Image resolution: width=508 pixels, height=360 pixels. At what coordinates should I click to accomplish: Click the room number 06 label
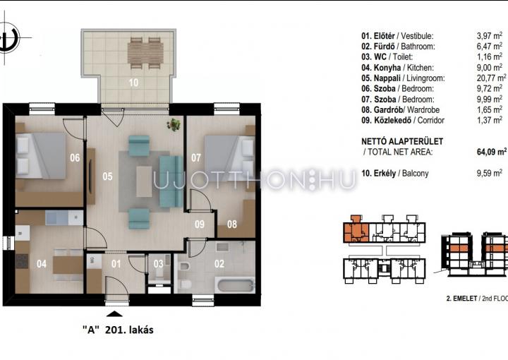pyautogui.click(x=75, y=158)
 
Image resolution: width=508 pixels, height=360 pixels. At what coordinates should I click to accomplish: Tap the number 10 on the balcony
pyautogui.click(x=133, y=83)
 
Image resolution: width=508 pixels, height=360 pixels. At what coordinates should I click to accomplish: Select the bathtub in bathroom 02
pyautogui.click(x=236, y=285)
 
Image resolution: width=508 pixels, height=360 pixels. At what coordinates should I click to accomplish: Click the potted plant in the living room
pyautogui.click(x=174, y=124)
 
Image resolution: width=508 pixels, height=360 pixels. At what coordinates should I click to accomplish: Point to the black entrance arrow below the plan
pyautogui.click(x=114, y=313)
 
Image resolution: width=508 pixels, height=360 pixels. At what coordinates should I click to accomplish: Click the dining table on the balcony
pyautogui.click(x=145, y=53)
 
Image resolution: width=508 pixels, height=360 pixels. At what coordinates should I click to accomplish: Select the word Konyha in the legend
pyautogui.click(x=387, y=67)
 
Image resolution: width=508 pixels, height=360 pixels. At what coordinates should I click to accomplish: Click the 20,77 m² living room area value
pyautogui.click(x=491, y=78)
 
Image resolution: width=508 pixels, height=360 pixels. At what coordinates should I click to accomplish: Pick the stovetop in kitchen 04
pyautogui.click(x=22, y=261)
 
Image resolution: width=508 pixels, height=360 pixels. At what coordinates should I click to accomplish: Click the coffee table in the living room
pyautogui.click(x=144, y=181)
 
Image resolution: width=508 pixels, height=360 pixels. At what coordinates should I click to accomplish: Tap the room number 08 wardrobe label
pyautogui.click(x=232, y=224)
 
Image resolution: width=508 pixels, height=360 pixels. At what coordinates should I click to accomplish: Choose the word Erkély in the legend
pyautogui.click(x=385, y=174)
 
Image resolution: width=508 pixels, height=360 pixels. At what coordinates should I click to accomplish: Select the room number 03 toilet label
pyautogui.click(x=159, y=264)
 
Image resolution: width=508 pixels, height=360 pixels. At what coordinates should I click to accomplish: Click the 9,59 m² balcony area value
pyautogui.click(x=490, y=173)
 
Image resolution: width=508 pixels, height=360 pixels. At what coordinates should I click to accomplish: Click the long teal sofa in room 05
pyautogui.click(x=171, y=181)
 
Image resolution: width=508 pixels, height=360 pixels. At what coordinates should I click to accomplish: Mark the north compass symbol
pyautogui.click(x=6, y=37)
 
